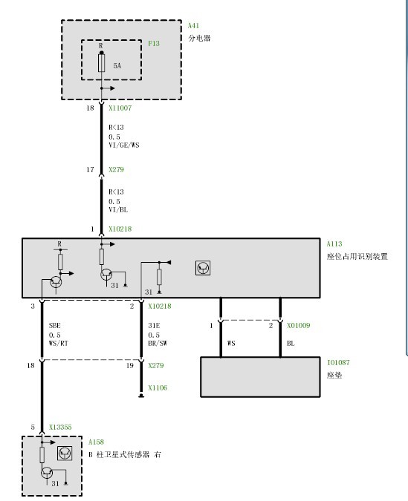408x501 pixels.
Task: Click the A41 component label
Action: [193, 25]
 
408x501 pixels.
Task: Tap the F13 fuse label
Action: [154, 44]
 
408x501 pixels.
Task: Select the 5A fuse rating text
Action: [117, 66]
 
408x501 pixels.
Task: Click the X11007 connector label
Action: [120, 108]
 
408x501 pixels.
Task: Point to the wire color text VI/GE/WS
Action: [124, 145]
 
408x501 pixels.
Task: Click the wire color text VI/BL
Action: [118, 209]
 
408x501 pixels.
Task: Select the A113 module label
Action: [334, 243]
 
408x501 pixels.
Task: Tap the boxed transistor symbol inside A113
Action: [203, 268]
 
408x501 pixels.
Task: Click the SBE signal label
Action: [54, 326]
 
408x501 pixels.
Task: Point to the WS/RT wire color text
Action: [58, 344]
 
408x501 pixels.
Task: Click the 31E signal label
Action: [154, 326]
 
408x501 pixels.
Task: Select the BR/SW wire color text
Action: [158, 344]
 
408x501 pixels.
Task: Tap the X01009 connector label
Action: [299, 326]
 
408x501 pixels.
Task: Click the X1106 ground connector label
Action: [158, 388]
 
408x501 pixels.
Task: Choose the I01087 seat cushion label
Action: [338, 363]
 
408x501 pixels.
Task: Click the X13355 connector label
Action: [60, 428]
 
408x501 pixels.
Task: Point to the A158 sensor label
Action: [96, 442]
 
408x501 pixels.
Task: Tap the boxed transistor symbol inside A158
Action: [65, 453]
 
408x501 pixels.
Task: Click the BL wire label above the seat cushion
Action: [291, 344]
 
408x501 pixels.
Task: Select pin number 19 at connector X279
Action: [129, 365]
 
